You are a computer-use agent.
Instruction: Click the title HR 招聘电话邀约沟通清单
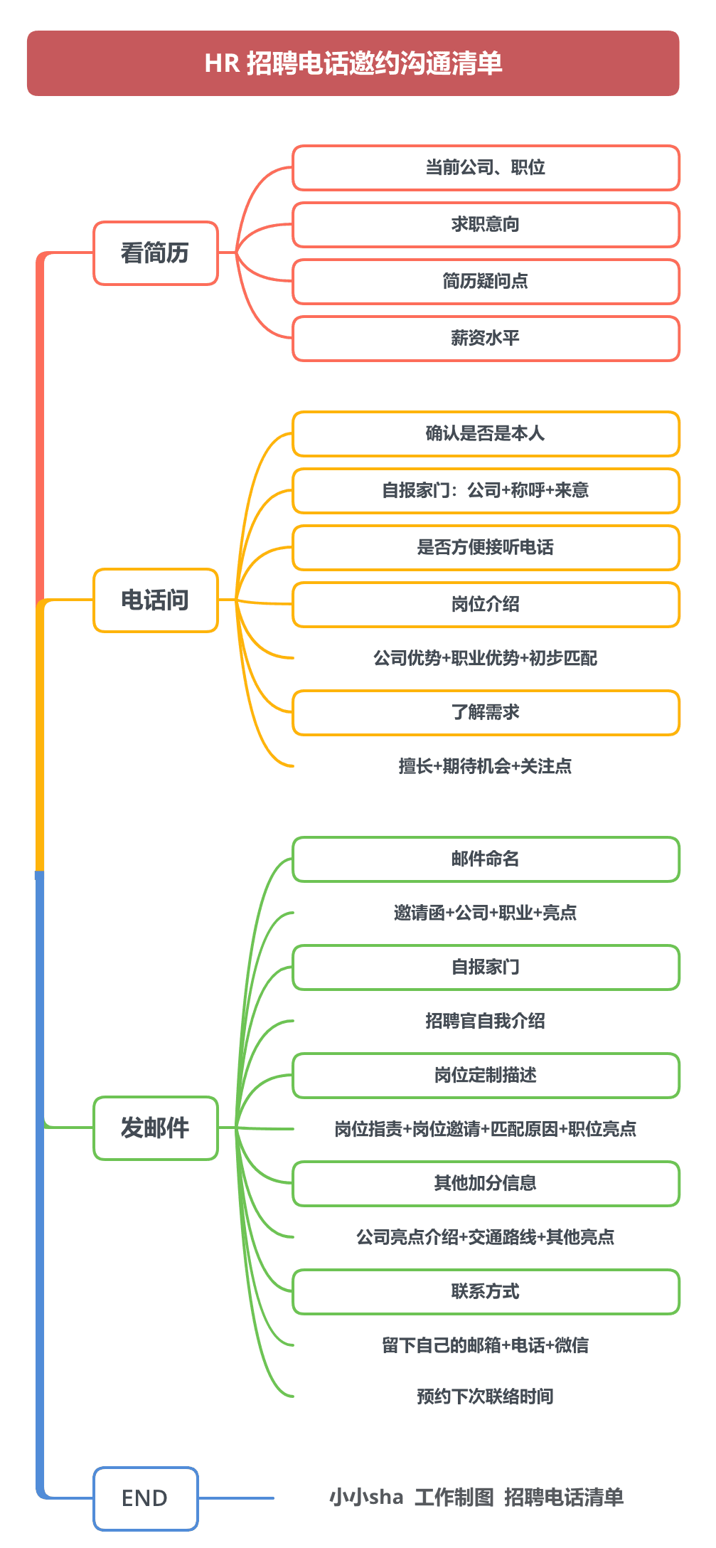click(x=353, y=63)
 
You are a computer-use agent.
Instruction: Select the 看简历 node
click(x=155, y=253)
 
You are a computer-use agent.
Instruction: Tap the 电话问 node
click(x=155, y=600)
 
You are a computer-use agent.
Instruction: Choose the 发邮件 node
click(x=155, y=1128)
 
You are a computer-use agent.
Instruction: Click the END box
click(x=145, y=1498)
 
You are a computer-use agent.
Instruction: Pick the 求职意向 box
click(x=486, y=225)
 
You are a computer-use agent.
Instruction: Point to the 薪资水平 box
click(x=486, y=339)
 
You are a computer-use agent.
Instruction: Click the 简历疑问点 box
click(x=486, y=282)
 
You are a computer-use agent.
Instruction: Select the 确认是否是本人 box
click(x=486, y=434)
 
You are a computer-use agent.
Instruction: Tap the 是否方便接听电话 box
click(x=486, y=548)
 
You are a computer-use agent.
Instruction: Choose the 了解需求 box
click(x=486, y=713)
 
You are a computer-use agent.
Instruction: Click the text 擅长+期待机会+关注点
click(x=486, y=766)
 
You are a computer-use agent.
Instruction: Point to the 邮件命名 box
click(x=486, y=859)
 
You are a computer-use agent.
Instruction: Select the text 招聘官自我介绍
click(x=486, y=1021)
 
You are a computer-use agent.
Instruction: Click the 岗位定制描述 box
click(x=486, y=1076)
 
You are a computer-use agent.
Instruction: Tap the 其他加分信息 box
click(x=486, y=1184)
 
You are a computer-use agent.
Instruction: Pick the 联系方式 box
click(x=486, y=1292)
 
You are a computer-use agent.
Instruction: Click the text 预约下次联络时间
click(x=486, y=1396)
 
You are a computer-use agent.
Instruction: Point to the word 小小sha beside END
click(x=366, y=1497)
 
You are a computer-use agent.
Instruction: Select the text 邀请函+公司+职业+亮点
click(x=486, y=913)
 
